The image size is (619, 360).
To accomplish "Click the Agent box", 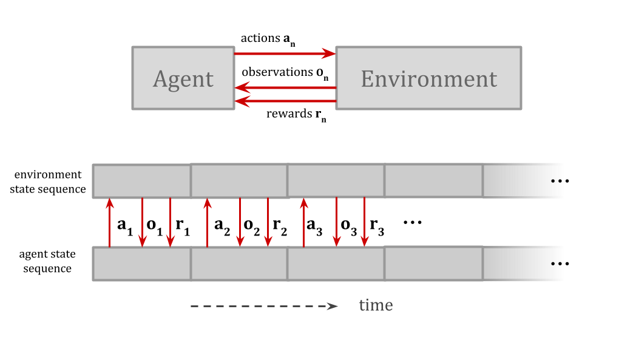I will click(x=183, y=78).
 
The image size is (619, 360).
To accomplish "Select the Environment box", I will click(x=428, y=78).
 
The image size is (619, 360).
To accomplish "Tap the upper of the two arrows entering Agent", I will click(x=285, y=88).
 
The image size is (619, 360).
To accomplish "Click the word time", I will click(x=376, y=305).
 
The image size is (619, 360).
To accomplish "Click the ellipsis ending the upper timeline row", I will click(x=556, y=180).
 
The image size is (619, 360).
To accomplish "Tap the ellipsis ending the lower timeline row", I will click(x=556, y=263).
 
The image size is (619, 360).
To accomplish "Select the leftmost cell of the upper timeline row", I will click(x=142, y=181).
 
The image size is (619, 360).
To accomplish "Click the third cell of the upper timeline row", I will click(x=336, y=181).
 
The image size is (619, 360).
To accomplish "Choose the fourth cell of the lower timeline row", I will click(x=433, y=263).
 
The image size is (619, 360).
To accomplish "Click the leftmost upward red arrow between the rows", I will click(x=110, y=222).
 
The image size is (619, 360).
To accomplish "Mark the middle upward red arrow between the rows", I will click(x=208, y=222).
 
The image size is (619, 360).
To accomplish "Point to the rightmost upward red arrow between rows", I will click(x=304, y=222).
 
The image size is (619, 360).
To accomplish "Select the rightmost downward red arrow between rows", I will click(x=364, y=222).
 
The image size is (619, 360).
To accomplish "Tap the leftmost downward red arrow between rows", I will click(x=142, y=222).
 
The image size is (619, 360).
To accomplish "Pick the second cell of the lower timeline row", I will click(x=239, y=263).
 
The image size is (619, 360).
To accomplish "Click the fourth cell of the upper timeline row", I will click(x=433, y=181).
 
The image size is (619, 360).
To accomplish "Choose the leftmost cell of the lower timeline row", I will click(x=142, y=263).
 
